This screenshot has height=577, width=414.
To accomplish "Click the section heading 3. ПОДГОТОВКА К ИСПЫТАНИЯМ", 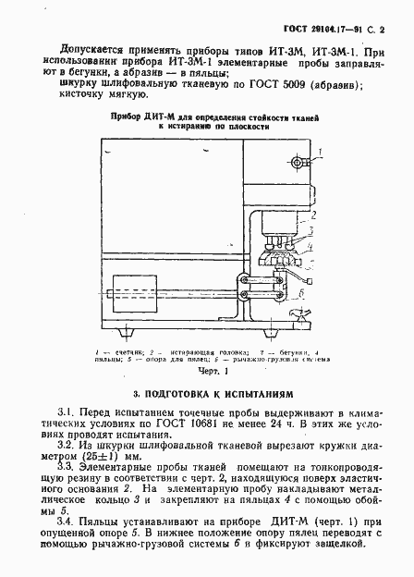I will coord(206,393).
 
